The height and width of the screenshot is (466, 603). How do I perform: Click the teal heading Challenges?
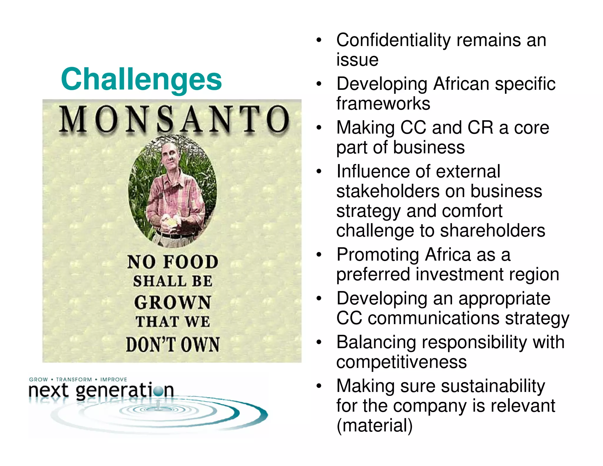pyautogui.click(x=141, y=79)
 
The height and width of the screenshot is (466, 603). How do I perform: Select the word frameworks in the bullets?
pyautogui.click(x=383, y=104)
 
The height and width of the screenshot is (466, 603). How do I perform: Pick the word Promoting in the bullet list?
pyautogui.click(x=378, y=255)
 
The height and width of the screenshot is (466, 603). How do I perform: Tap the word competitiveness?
pyautogui.click(x=401, y=362)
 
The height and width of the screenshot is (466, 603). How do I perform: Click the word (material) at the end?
pyautogui.click(x=374, y=426)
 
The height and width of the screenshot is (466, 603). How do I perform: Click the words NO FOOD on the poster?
pyautogui.click(x=173, y=262)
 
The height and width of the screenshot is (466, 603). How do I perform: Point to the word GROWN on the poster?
pyautogui.click(x=173, y=302)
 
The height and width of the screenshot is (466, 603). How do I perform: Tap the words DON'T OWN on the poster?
pyautogui.click(x=173, y=344)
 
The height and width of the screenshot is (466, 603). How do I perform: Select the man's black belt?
pyautogui.click(x=175, y=235)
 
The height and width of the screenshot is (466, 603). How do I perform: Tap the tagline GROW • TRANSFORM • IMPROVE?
pyautogui.click(x=78, y=379)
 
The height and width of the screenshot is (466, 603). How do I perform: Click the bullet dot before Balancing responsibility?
pyautogui.click(x=319, y=343)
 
